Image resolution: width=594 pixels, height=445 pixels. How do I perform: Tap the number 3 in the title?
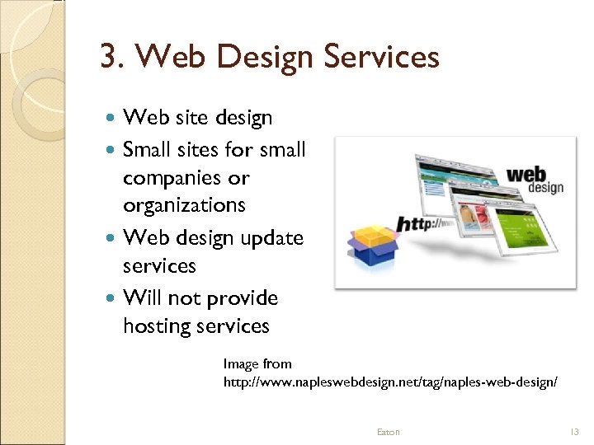(x=107, y=58)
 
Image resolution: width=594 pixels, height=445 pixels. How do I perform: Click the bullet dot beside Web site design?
(x=113, y=119)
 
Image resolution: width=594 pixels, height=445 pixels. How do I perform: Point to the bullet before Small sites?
(x=113, y=150)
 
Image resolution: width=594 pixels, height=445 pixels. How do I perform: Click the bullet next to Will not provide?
(x=113, y=298)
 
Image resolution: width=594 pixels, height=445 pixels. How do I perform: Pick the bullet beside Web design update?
(x=113, y=238)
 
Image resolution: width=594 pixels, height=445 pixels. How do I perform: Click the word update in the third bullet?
(x=271, y=239)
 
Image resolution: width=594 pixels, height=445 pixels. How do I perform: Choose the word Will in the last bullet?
(x=140, y=298)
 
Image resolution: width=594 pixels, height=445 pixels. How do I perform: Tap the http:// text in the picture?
(x=426, y=223)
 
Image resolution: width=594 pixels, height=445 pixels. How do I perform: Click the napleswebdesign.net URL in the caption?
(x=390, y=382)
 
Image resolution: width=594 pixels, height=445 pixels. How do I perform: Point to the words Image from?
(x=257, y=363)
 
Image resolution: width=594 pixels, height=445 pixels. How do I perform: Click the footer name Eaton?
(x=388, y=432)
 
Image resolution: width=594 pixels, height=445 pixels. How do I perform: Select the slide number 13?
(x=575, y=432)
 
